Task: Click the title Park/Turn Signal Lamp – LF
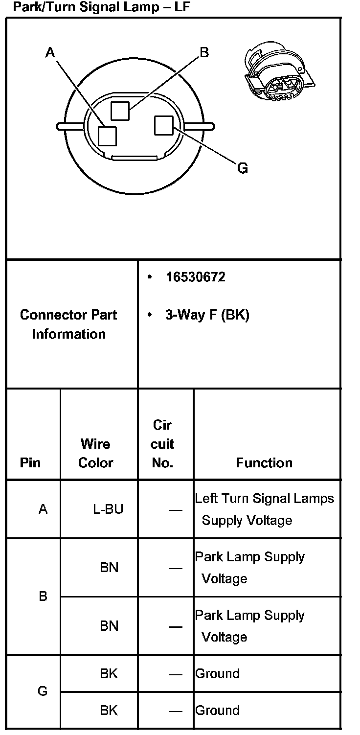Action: click(x=101, y=7)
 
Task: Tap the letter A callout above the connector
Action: click(x=50, y=52)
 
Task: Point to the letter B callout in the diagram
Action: click(x=204, y=52)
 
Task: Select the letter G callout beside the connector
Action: click(x=242, y=169)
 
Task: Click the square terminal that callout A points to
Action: click(x=107, y=136)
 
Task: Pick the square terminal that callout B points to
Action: click(x=120, y=111)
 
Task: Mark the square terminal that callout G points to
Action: click(x=163, y=125)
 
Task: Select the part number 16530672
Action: click(x=195, y=277)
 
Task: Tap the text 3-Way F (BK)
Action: click(x=207, y=315)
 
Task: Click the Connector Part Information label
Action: click(x=68, y=324)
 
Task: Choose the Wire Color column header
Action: click(x=95, y=453)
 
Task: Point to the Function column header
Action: click(x=264, y=462)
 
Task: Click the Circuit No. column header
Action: click(x=162, y=444)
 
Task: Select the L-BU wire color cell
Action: click(x=108, y=509)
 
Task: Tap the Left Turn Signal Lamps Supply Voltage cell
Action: click(x=264, y=509)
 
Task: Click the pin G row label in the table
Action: click(x=43, y=691)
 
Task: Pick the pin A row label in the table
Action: click(x=43, y=509)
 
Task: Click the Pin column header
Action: click(x=30, y=462)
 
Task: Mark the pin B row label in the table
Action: click(x=43, y=597)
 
